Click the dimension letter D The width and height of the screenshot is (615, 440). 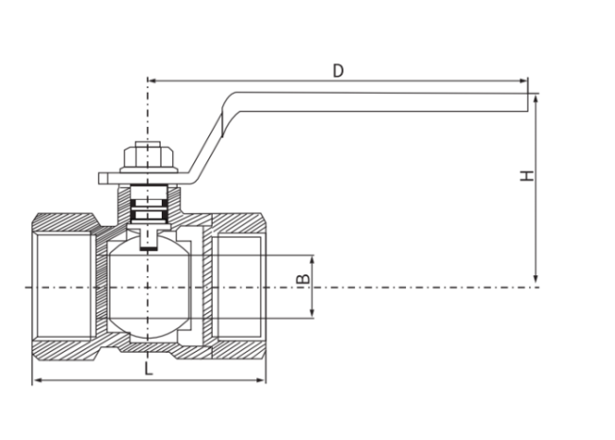(x=338, y=71)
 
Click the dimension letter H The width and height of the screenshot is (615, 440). (x=527, y=175)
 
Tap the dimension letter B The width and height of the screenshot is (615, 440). (x=303, y=278)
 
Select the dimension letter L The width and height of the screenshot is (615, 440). (x=149, y=369)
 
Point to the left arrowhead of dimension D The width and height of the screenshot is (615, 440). (x=153, y=80)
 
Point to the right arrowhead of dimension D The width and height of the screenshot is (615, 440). (x=523, y=80)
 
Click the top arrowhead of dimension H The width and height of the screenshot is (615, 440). (x=536, y=98)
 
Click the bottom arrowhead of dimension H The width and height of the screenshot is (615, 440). (x=536, y=278)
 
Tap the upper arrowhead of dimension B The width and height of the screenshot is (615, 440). (x=312, y=261)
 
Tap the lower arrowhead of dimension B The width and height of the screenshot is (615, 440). (x=312, y=312)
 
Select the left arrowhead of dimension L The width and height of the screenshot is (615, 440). (x=37, y=380)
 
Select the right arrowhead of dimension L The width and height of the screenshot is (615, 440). (x=260, y=380)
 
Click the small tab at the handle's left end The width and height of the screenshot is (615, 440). (x=102, y=179)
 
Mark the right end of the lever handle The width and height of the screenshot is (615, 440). (x=528, y=102)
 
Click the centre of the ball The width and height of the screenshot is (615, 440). (x=148, y=288)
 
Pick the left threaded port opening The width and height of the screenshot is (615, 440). (x=64, y=287)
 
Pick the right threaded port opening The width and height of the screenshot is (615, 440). (x=238, y=287)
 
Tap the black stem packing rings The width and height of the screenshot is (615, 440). (x=149, y=208)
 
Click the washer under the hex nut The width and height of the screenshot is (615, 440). (x=149, y=169)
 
